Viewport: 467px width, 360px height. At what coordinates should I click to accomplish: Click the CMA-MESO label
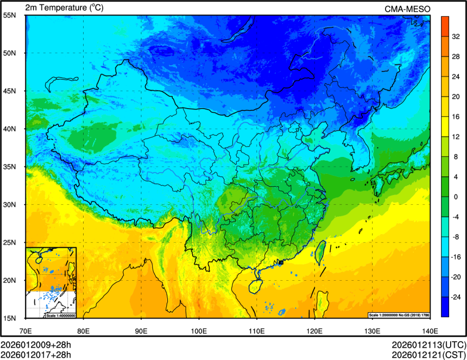407,9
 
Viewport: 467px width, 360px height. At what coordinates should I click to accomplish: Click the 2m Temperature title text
64,8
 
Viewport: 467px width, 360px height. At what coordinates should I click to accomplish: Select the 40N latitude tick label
10,129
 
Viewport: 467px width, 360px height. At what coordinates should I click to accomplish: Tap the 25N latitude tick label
10,242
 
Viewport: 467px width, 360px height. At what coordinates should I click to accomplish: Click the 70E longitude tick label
26,331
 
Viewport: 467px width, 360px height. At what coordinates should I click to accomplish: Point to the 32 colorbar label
457,36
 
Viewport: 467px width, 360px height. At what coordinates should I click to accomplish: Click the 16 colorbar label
457,116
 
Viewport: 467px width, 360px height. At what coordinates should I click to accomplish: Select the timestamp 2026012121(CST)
428,355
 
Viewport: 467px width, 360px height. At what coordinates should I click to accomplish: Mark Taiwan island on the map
320,252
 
